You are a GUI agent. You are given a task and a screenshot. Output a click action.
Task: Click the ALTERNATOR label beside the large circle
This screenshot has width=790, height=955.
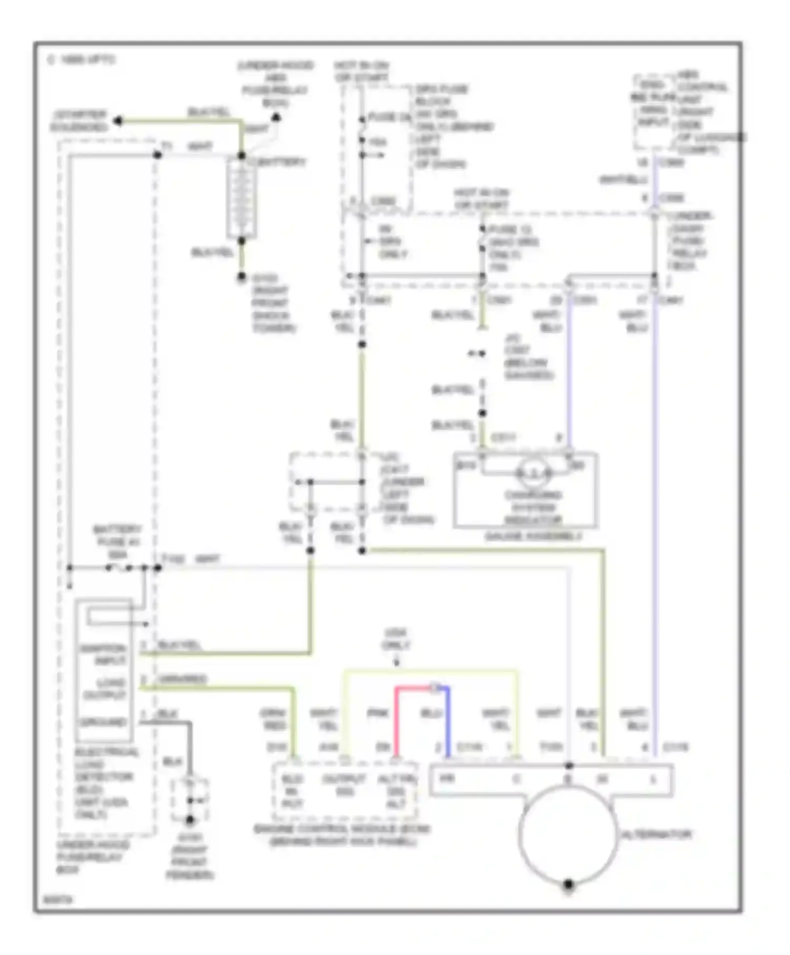point(656,834)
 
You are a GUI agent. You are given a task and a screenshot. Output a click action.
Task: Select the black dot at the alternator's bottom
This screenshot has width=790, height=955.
point(568,884)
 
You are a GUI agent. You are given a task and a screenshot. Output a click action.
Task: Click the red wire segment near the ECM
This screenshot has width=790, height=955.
point(397,721)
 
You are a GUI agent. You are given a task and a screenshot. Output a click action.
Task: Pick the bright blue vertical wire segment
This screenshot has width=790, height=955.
point(448,721)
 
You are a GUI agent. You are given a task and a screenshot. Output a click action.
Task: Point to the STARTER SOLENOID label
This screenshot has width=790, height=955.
point(79,121)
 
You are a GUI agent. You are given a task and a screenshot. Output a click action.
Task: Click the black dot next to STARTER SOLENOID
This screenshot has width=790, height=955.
point(118,121)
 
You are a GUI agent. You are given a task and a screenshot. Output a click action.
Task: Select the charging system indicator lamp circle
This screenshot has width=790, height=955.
point(534,474)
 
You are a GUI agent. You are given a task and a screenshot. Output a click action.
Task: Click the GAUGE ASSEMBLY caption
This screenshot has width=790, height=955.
point(533,536)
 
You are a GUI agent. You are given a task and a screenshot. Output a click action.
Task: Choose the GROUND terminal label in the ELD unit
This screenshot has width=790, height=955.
point(103,722)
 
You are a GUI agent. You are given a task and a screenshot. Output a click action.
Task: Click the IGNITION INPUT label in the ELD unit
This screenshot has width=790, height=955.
point(103,654)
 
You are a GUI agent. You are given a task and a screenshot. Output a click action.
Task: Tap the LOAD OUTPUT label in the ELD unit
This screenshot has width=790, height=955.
point(104,689)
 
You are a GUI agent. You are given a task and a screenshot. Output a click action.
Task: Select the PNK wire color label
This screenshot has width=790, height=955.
point(377,713)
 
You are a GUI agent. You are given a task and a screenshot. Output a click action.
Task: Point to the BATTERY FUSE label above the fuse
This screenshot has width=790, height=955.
point(117,542)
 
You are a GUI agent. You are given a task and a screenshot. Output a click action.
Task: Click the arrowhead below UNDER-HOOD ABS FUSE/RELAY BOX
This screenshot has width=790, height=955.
point(275,117)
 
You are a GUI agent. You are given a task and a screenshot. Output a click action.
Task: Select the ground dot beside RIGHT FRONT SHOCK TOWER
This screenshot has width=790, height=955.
point(242,276)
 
